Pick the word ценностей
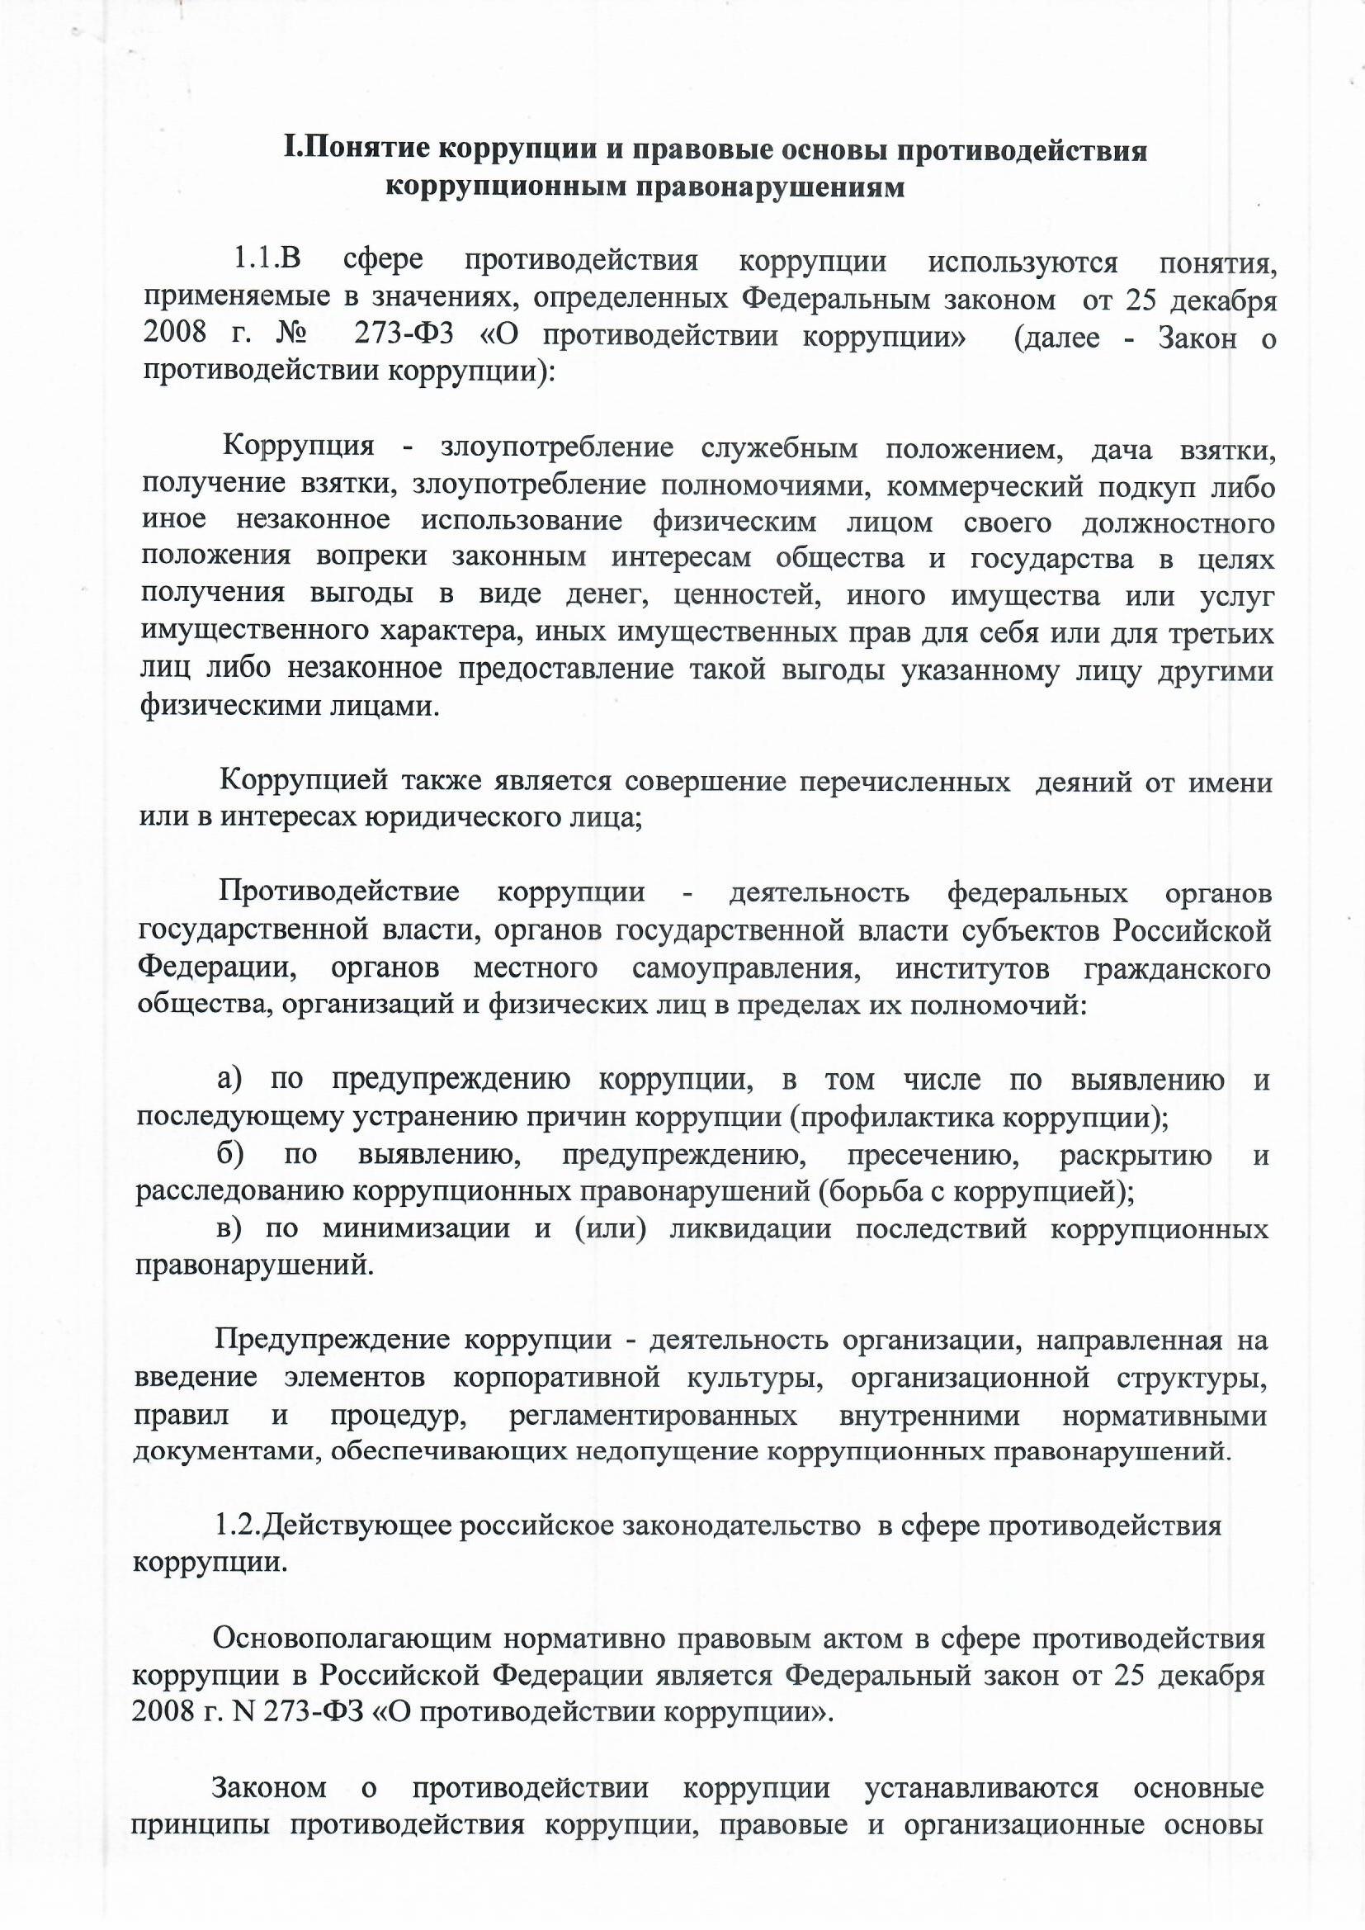(x=747, y=596)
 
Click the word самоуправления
(x=745, y=968)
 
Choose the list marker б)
(x=230, y=1154)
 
